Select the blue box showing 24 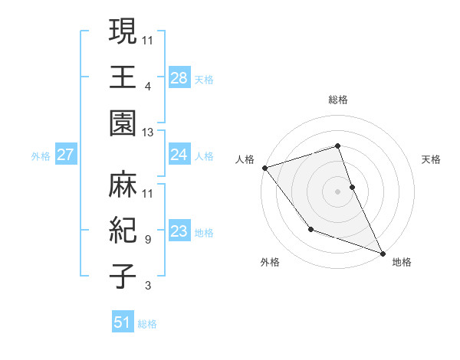(x=179, y=155)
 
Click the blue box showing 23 (x=179, y=231)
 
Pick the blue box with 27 (x=66, y=155)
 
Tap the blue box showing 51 (x=123, y=322)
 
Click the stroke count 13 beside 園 (x=149, y=133)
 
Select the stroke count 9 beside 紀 (x=148, y=239)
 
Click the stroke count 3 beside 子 (x=148, y=286)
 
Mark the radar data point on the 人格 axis (x=264, y=168)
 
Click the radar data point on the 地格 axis (x=382, y=252)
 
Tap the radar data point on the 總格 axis (x=337, y=146)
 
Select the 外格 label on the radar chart (x=270, y=262)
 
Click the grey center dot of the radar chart (x=337, y=191)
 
